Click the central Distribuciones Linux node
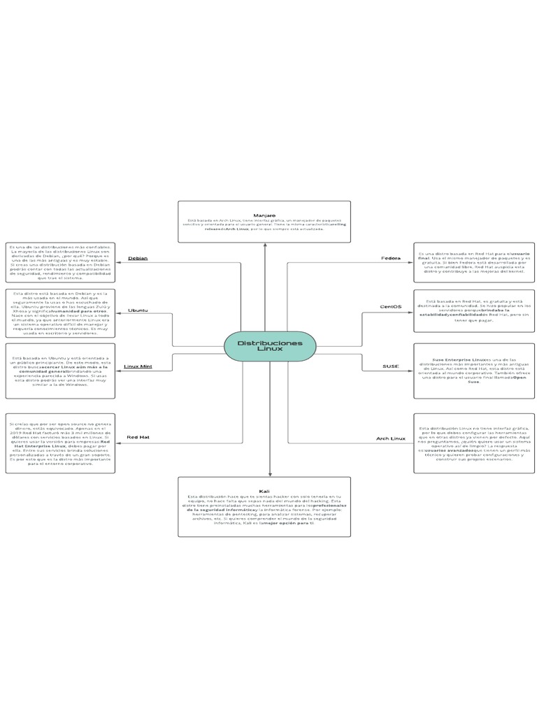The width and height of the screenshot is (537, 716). point(270,347)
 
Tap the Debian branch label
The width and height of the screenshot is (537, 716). point(137,258)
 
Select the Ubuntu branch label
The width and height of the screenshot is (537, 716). point(137,310)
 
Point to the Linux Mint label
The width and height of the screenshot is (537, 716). point(138,366)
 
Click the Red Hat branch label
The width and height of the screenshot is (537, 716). point(137,438)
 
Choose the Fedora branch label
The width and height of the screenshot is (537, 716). point(390,258)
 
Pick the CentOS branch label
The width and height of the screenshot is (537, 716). point(390,306)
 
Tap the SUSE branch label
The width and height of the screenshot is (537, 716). point(390,366)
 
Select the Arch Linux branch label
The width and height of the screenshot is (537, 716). point(390,438)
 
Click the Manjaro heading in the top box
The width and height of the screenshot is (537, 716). point(264,215)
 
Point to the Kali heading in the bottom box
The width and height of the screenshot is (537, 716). point(264,491)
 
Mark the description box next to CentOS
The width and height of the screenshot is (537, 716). point(474,310)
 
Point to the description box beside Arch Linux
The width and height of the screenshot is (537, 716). point(474,443)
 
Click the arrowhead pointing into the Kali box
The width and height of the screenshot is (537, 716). point(270,473)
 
